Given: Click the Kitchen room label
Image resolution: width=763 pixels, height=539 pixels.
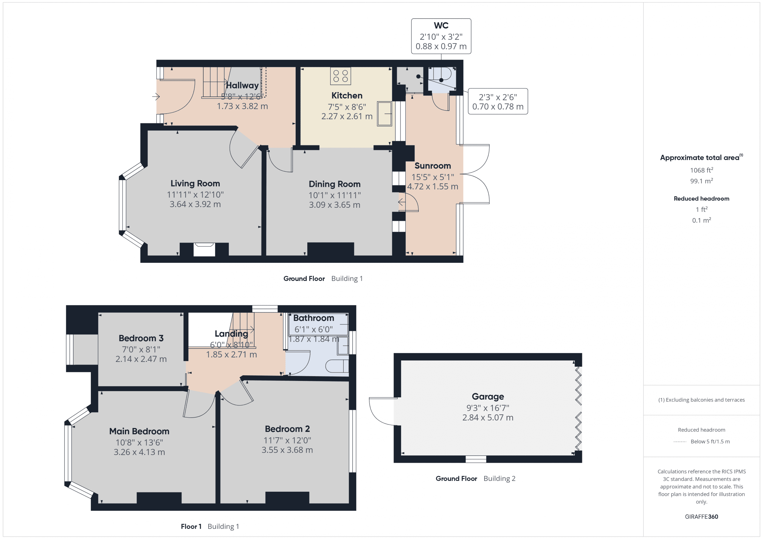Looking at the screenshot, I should tap(347, 96).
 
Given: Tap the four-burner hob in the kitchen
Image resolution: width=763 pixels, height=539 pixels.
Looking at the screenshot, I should tap(340, 76).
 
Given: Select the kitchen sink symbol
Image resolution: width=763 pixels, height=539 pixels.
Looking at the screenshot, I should tap(384, 114).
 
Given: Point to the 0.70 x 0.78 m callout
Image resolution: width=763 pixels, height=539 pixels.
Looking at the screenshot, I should tap(497, 107).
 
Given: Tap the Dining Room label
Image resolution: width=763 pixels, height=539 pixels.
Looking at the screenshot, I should tap(334, 184).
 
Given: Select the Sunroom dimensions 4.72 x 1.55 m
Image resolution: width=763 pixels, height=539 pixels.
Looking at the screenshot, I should tap(432, 187).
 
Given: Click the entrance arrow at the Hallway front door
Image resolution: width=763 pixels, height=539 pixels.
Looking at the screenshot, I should tap(156, 97).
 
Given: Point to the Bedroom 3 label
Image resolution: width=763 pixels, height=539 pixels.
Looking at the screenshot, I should tap(141, 338).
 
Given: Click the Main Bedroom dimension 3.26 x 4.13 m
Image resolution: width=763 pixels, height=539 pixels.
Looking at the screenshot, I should tap(139, 452).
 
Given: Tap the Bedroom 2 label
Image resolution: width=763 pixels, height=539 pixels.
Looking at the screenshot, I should tap(287, 429).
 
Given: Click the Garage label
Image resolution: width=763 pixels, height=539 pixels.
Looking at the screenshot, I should tap(488, 397).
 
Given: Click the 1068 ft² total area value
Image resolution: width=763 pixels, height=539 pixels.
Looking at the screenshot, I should tap(701, 170).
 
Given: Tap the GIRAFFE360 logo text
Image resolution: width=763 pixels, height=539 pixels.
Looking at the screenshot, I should tap(701, 517).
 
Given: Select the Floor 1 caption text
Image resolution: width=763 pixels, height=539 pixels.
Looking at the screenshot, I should tap(191, 526).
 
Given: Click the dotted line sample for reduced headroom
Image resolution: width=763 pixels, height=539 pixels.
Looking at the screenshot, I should tap(680, 442).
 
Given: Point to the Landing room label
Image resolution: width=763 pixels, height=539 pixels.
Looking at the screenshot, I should tap(231, 334).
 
